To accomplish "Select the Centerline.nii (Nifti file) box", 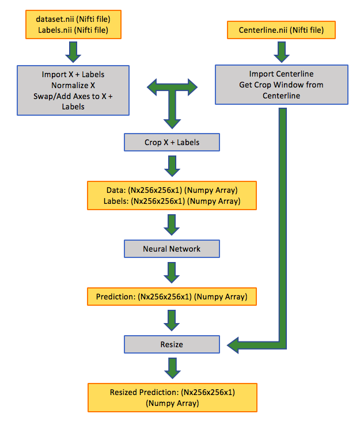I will [x=282, y=29].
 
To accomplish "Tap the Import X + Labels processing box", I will [x=73, y=90].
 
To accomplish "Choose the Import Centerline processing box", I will [x=282, y=84].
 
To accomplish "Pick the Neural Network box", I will [x=172, y=249].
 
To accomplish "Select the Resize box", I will [x=172, y=344].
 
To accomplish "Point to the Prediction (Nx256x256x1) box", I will [x=172, y=297].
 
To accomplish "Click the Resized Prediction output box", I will [x=172, y=398].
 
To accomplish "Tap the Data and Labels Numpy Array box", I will [x=172, y=195].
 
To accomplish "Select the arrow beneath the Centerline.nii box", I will [x=282, y=52].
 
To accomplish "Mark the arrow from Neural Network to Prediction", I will [x=172, y=272].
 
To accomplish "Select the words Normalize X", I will [x=73, y=85].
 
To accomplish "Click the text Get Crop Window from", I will [x=282, y=85].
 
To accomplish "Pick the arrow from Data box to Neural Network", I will [x=172, y=225].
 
